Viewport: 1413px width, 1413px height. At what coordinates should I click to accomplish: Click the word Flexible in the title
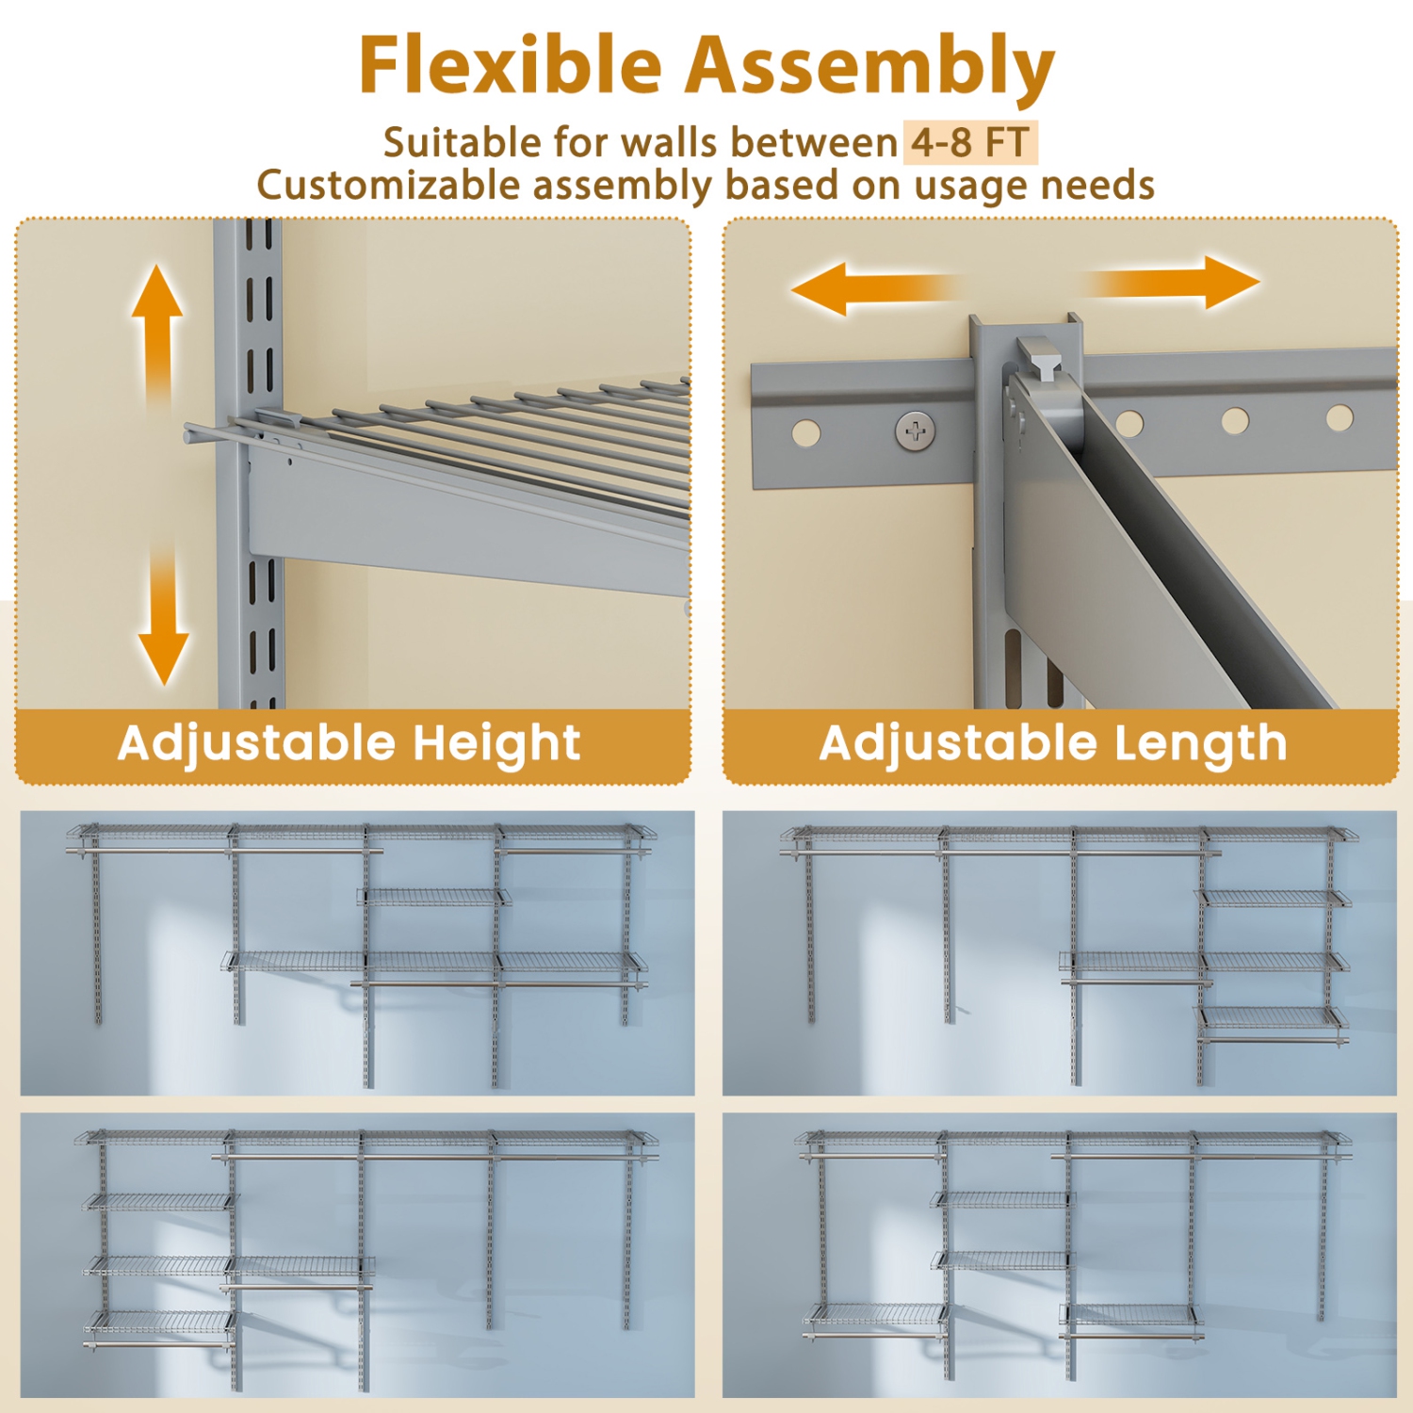510,66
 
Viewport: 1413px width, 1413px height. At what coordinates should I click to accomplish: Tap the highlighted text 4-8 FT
969,143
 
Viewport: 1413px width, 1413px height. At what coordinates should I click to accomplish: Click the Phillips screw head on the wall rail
915,431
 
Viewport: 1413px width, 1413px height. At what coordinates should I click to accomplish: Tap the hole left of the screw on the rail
805,433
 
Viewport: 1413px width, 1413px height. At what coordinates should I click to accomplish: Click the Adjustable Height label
349,743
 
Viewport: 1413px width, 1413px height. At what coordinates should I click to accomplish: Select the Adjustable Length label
1052,743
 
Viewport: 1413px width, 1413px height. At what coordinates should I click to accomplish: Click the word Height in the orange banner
496,743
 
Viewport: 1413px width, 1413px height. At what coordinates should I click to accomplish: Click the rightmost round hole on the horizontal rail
1339,416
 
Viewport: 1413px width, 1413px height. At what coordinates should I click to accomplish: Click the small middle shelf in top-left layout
432,897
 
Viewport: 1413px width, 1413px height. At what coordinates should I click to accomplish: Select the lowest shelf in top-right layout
1271,1018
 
